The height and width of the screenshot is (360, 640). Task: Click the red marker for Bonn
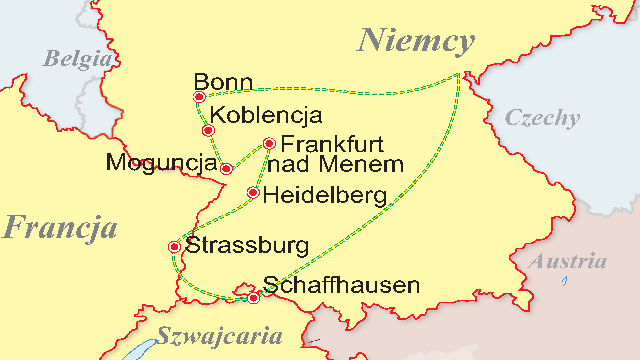(199, 97)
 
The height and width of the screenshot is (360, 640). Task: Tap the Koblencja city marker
(209, 131)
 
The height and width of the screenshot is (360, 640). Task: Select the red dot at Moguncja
(226, 169)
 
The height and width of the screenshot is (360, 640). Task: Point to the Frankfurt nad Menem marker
(270, 144)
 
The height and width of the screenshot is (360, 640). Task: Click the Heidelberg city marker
(254, 192)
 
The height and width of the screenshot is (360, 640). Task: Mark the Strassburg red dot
(174, 247)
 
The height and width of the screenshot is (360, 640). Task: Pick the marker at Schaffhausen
(253, 298)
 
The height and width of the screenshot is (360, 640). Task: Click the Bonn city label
(223, 82)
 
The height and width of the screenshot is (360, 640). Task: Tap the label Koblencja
(266, 115)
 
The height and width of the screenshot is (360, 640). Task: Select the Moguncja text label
(162, 163)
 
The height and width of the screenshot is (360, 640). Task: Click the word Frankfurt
(332, 144)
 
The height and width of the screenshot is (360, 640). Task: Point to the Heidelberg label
(325, 195)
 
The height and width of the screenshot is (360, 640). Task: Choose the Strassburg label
(247, 245)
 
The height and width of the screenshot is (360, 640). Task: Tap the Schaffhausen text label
(341, 285)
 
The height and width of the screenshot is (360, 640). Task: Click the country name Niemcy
(416, 41)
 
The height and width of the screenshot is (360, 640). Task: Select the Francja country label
(60, 228)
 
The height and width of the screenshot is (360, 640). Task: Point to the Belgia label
(77, 59)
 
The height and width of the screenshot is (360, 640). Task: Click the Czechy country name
(542, 118)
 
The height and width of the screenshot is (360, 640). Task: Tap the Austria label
(568, 261)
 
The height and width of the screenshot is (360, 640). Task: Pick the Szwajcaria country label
(219, 336)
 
